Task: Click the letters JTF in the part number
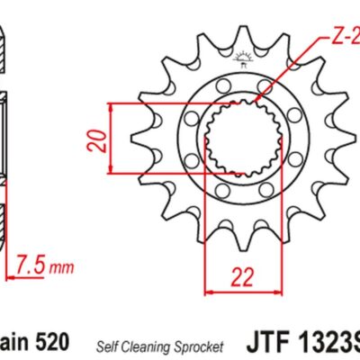coord(267,344)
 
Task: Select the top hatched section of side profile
coord(5,49)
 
